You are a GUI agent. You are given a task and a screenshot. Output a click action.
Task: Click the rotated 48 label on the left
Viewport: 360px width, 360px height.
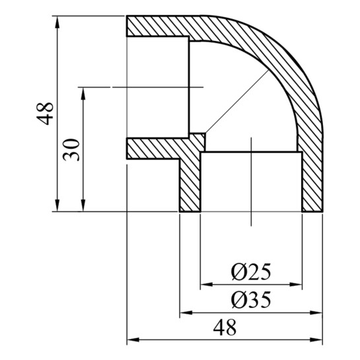pos(45,114)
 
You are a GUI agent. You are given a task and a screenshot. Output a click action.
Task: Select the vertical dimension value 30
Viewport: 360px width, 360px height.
pos(71,150)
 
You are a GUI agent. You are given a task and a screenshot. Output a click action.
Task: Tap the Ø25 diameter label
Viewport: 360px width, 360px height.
pos(251,272)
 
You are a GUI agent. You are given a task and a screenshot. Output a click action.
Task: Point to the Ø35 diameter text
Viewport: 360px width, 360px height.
pos(251,300)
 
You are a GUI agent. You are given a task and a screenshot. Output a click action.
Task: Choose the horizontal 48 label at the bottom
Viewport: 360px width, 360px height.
pos(225,328)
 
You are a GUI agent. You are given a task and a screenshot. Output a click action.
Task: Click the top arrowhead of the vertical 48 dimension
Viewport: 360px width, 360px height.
pos(57,22)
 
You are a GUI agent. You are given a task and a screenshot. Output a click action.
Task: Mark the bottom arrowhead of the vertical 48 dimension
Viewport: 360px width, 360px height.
pos(57,205)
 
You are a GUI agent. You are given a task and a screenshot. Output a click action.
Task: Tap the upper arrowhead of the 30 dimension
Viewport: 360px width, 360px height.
pos(83,93)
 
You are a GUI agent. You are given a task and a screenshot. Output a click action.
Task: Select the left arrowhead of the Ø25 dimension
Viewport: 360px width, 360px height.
pos(207,285)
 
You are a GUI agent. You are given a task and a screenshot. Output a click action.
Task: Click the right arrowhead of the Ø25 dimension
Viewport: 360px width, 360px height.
pos(296,285)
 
